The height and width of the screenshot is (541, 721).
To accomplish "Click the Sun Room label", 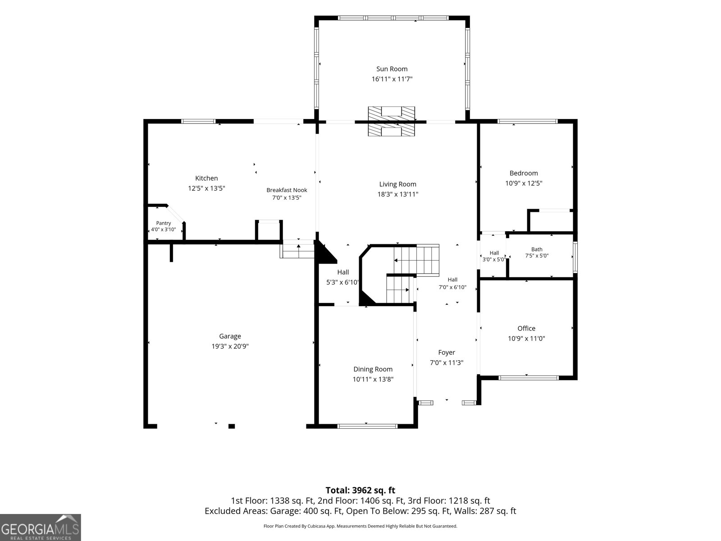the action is click(x=392, y=69).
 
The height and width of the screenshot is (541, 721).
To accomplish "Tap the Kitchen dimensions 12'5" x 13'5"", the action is click(x=206, y=188).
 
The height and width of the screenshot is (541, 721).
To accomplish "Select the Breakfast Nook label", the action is click(x=287, y=190).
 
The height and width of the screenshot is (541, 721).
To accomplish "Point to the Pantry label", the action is click(x=164, y=223).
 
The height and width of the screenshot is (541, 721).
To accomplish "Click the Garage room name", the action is click(x=230, y=336).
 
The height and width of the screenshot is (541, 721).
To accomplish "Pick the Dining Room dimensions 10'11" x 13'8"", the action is click(x=373, y=379).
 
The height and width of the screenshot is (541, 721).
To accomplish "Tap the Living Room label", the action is click(x=397, y=184).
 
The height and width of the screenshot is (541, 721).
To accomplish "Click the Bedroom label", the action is click(x=524, y=173).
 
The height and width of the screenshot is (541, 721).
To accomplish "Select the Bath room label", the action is click(x=537, y=249).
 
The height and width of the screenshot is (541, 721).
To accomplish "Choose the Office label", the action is click(x=526, y=328).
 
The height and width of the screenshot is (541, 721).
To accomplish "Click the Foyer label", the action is click(x=447, y=353).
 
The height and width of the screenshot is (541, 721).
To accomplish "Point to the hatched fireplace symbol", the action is click(x=391, y=121).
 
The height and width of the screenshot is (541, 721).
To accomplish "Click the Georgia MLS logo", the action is click(x=40, y=527).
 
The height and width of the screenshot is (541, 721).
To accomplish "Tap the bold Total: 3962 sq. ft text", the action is click(x=360, y=491).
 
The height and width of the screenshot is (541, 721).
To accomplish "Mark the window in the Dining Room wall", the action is click(x=367, y=426).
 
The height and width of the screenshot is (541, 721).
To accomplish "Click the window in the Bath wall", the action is click(x=575, y=257).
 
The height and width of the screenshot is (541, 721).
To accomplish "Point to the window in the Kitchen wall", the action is click(x=198, y=121).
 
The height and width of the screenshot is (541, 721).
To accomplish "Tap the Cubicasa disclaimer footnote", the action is click(x=360, y=526).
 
